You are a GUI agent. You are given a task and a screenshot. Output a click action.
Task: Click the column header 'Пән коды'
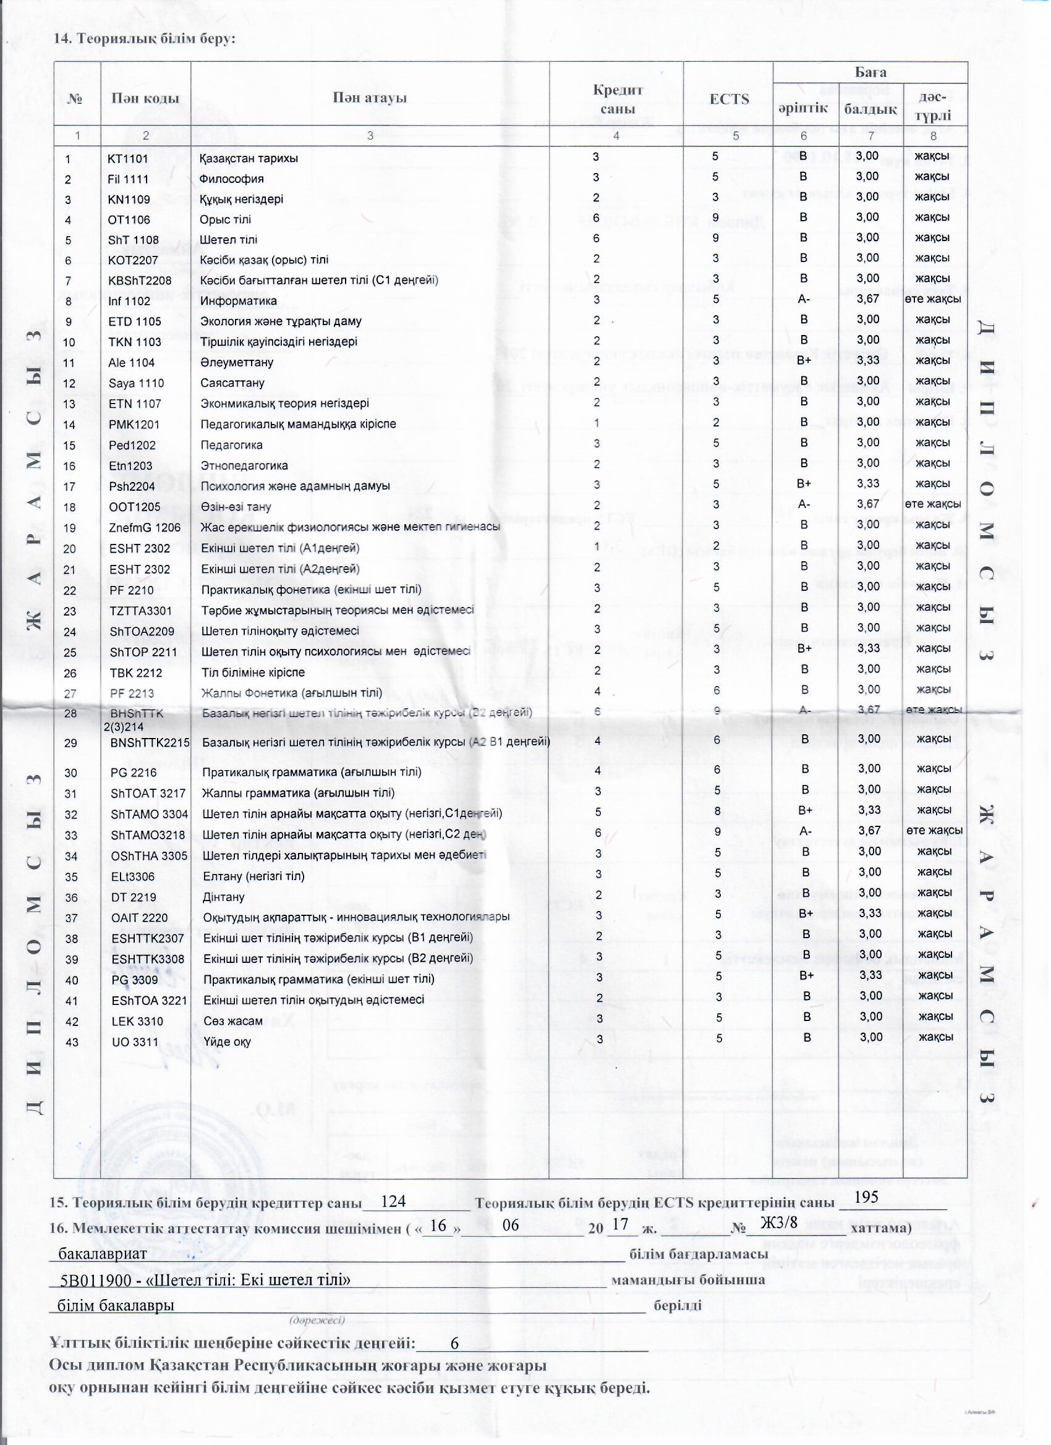tap(145, 98)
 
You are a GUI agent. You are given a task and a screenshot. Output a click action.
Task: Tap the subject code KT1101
tap(127, 158)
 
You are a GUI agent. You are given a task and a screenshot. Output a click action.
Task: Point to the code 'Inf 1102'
tap(129, 301)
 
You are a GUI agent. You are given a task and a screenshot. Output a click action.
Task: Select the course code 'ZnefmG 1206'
tap(145, 528)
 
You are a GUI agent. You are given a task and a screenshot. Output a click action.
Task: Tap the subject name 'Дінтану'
tap(223, 897)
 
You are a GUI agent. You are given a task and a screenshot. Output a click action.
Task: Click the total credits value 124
tap(393, 1201)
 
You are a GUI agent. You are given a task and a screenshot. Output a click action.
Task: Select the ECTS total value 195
tap(866, 1197)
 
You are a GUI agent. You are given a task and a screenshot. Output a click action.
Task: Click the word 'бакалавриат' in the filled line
tap(103, 1253)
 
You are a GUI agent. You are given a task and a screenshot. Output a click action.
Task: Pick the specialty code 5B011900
tap(94, 1280)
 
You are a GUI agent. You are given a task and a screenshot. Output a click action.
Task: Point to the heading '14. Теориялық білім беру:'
tap(145, 38)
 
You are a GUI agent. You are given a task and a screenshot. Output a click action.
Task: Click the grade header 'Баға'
tap(870, 72)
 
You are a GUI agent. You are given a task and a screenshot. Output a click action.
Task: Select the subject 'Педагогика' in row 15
tap(231, 445)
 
